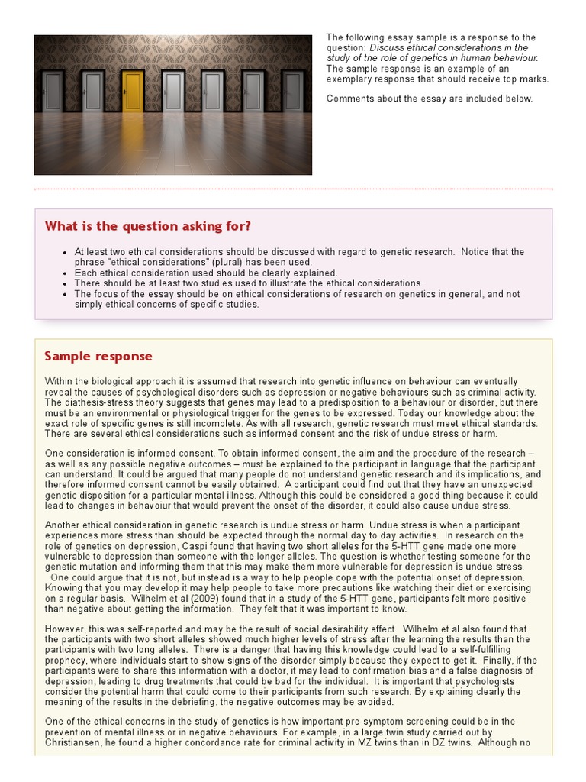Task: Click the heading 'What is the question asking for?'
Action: [x=147, y=226]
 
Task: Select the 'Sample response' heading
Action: [x=98, y=356]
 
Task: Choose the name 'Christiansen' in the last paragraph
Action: [x=74, y=742]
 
